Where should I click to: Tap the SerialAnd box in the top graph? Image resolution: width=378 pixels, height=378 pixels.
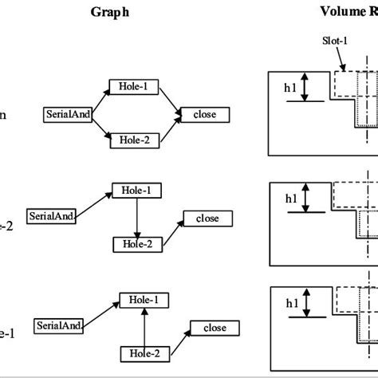click(67, 114)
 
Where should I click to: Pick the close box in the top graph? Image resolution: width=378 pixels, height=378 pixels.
click(205, 114)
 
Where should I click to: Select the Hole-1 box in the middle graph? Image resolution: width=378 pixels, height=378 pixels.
click(136, 190)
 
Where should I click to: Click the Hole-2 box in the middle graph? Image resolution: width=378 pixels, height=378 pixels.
click(136, 244)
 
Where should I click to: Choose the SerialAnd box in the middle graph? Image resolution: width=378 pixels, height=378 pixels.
click(51, 215)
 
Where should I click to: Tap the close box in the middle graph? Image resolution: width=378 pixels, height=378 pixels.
click(207, 218)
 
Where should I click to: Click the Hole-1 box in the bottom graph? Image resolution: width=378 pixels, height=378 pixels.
click(144, 299)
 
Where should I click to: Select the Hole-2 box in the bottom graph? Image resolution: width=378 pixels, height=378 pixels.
click(144, 352)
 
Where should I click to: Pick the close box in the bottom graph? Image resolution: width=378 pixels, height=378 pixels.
click(213, 327)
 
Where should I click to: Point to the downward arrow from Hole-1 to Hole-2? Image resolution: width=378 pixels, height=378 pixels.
click(136, 217)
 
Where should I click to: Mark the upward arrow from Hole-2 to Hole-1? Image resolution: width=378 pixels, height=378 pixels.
click(144, 325)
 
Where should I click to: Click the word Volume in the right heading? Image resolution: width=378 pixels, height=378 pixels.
click(345, 12)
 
